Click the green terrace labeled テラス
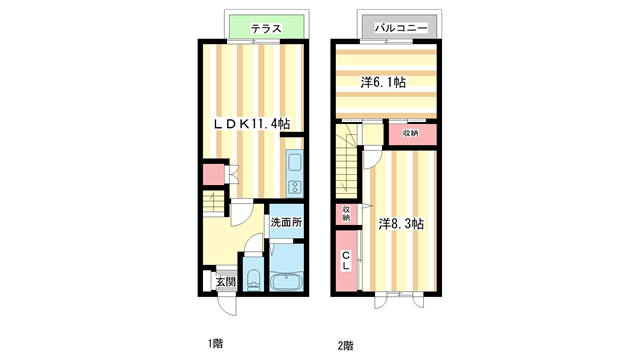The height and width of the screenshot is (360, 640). pos(266,29)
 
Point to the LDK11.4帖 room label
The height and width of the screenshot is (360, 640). pos(251,124)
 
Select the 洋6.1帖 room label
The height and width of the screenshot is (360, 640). pos(384,82)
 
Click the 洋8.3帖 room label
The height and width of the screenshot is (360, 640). pos(401,224)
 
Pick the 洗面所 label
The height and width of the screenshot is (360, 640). pos(285,221)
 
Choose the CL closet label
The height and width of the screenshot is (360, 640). pos(346,260)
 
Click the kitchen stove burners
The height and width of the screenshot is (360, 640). pos(295,187)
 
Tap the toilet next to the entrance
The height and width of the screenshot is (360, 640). pos(252,280)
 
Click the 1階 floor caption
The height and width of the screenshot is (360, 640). pos(215,344)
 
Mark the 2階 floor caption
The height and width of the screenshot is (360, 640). pos(345,345)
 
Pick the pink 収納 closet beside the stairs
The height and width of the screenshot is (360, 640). pos(411,134)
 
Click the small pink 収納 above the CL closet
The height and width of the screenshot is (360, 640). pos(346,213)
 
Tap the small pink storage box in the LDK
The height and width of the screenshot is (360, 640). pos(212,174)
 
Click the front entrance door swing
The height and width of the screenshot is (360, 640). pos(227,299)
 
